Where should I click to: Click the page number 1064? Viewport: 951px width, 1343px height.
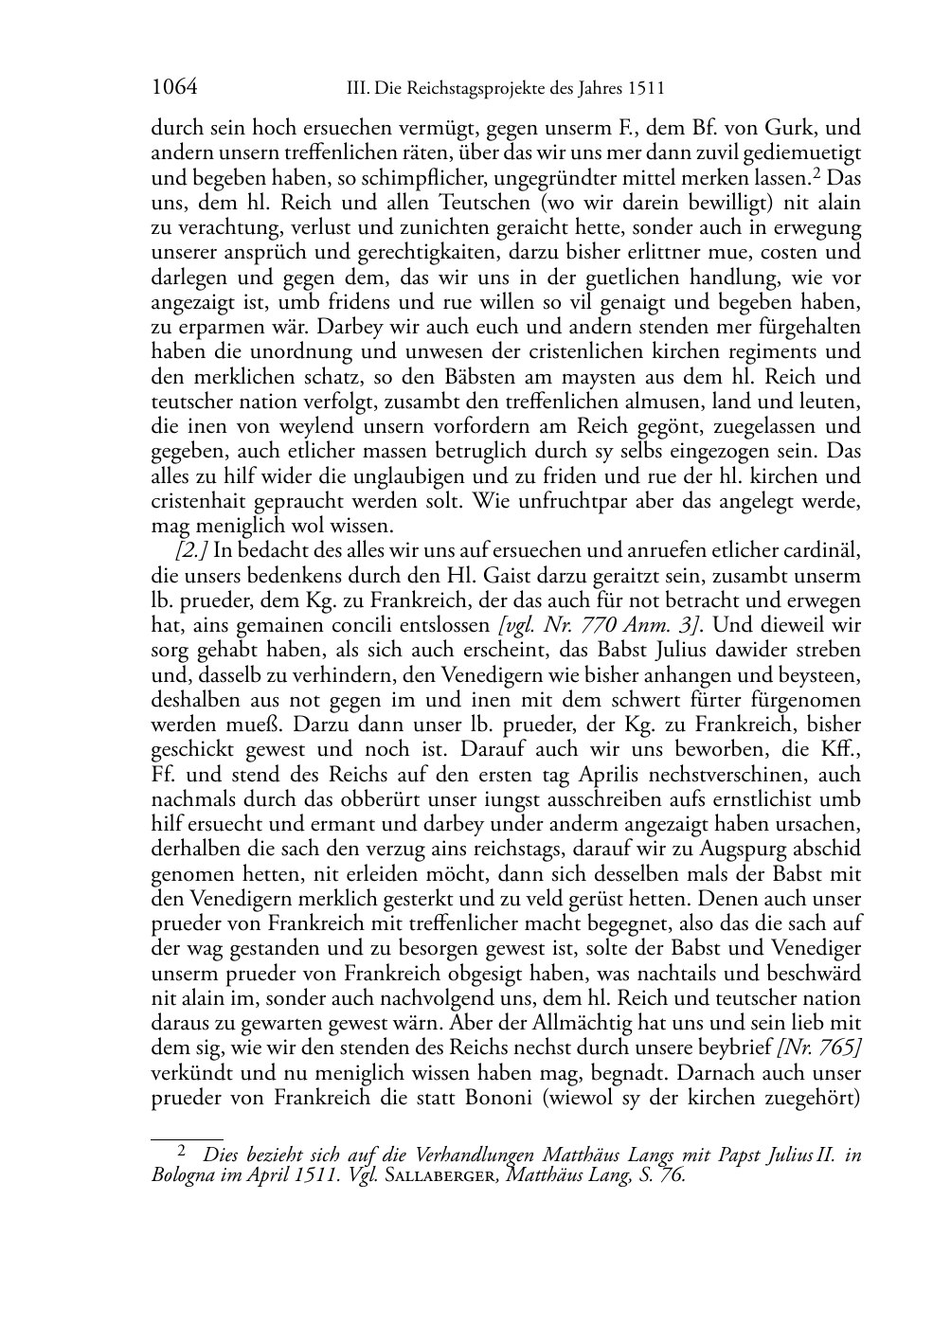(174, 88)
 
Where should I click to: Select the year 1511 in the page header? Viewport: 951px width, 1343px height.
(645, 89)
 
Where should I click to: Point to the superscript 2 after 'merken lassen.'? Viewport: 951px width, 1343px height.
(814, 172)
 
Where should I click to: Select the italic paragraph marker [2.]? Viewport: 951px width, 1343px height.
(191, 551)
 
